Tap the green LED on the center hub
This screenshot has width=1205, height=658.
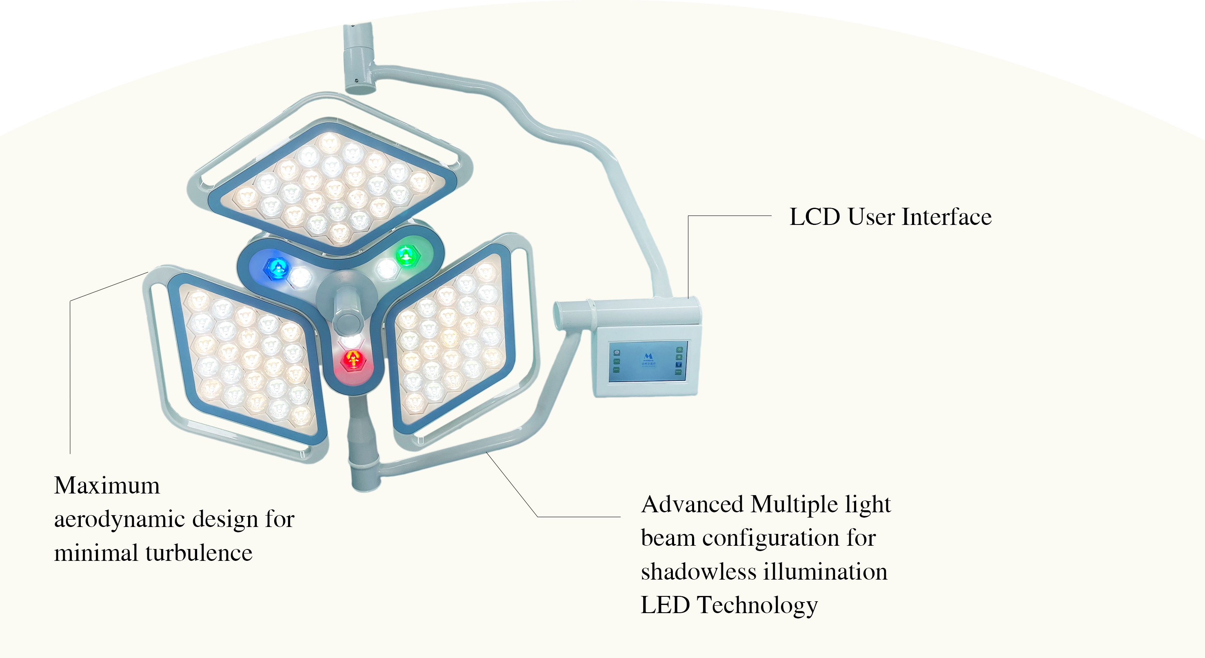click(407, 256)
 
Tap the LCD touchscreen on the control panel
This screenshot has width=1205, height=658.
click(648, 362)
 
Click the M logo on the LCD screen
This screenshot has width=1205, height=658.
click(648, 357)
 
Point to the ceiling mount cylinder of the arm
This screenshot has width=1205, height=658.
click(359, 58)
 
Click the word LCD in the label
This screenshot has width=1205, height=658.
click(814, 217)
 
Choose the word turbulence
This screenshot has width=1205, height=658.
click(199, 553)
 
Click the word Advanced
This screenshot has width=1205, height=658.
click(692, 505)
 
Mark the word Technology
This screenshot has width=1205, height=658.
click(757, 606)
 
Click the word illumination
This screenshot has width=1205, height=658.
click(826, 572)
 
